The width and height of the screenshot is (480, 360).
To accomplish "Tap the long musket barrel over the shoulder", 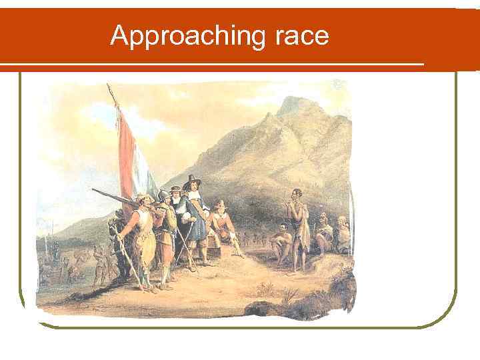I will point(113,195).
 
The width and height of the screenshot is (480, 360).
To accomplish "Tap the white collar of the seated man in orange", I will point(218,211).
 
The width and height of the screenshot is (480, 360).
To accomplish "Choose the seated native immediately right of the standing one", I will point(323,233).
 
